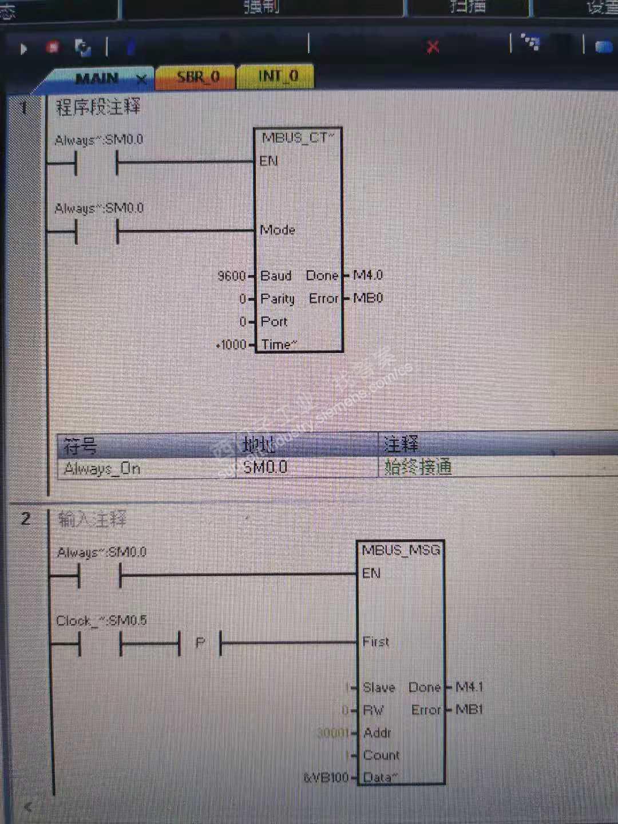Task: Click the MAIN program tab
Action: tap(97, 78)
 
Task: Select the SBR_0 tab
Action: tap(198, 77)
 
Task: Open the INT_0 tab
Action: tap(278, 76)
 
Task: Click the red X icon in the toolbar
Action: tap(433, 47)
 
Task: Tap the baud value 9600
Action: tap(231, 276)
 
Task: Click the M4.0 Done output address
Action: tap(368, 275)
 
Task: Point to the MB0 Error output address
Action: tap(368, 298)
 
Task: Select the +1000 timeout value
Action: tap(232, 344)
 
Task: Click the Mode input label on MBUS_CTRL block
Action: tap(278, 230)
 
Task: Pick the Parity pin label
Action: tap(278, 299)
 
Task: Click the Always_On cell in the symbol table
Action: tap(102, 469)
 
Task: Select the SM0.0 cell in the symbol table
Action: tap(266, 468)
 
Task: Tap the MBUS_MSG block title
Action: tap(401, 550)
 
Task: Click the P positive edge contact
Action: tap(200, 643)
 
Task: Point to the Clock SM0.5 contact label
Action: tap(101, 620)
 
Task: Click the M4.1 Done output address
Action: tap(469, 687)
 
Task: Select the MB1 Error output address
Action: tap(469, 710)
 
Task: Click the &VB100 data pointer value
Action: tap(326, 777)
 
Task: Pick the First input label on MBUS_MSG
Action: tap(375, 642)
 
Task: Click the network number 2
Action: tap(26, 518)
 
